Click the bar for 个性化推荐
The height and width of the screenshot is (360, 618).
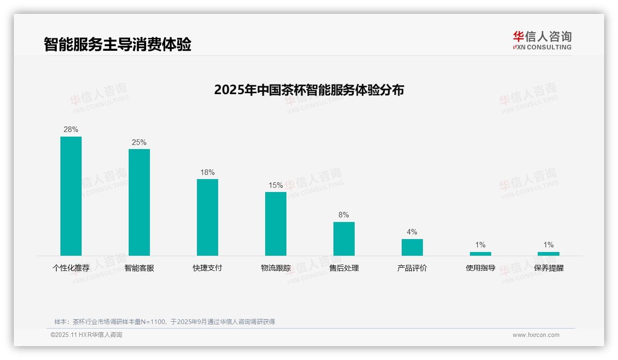point(71,196)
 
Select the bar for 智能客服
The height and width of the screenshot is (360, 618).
point(139,202)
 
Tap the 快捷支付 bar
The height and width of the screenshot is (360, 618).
point(208,217)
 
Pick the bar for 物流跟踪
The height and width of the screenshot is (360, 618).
point(276,223)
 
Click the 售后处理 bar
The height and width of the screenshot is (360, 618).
point(344,239)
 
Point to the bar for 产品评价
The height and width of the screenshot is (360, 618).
point(412,247)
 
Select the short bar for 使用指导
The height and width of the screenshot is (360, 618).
point(481,253)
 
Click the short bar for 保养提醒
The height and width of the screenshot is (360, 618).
point(548,253)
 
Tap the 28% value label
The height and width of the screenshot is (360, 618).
point(71,130)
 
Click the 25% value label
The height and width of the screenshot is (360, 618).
point(139,143)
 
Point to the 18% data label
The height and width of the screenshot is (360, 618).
point(208,173)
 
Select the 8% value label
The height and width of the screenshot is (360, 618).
point(344,215)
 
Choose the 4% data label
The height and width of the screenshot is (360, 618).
point(412,232)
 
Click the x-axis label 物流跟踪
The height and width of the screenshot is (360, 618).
point(276,268)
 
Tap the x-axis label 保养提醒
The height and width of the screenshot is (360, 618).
point(549,268)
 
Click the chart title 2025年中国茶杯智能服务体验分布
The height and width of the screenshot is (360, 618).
point(309,90)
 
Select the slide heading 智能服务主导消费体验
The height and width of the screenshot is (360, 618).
point(118,45)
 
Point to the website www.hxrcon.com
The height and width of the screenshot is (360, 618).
point(536,335)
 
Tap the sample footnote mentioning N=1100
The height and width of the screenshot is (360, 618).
point(165,322)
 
